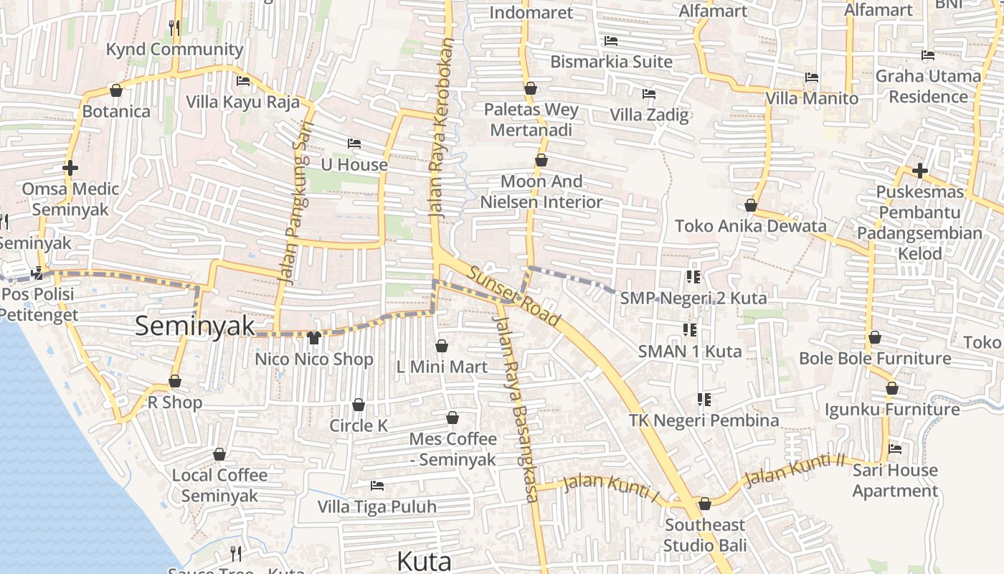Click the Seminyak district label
tap(194, 326)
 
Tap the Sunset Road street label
tap(513, 295)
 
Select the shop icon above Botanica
tap(116, 90)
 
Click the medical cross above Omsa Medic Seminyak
tap(70, 168)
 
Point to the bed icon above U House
tap(354, 143)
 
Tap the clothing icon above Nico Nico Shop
tap(313, 337)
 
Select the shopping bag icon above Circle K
tap(359, 405)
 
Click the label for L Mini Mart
tap(442, 367)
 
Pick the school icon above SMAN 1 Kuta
tap(690, 330)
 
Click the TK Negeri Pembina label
tap(704, 420)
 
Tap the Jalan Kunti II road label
tap(795, 470)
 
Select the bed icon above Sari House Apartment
tap(895, 449)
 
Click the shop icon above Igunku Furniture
tap(891, 388)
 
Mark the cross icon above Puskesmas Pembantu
tap(919, 171)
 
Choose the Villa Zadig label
tap(649, 115)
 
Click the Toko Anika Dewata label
tap(751, 226)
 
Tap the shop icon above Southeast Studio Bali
tap(704, 504)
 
